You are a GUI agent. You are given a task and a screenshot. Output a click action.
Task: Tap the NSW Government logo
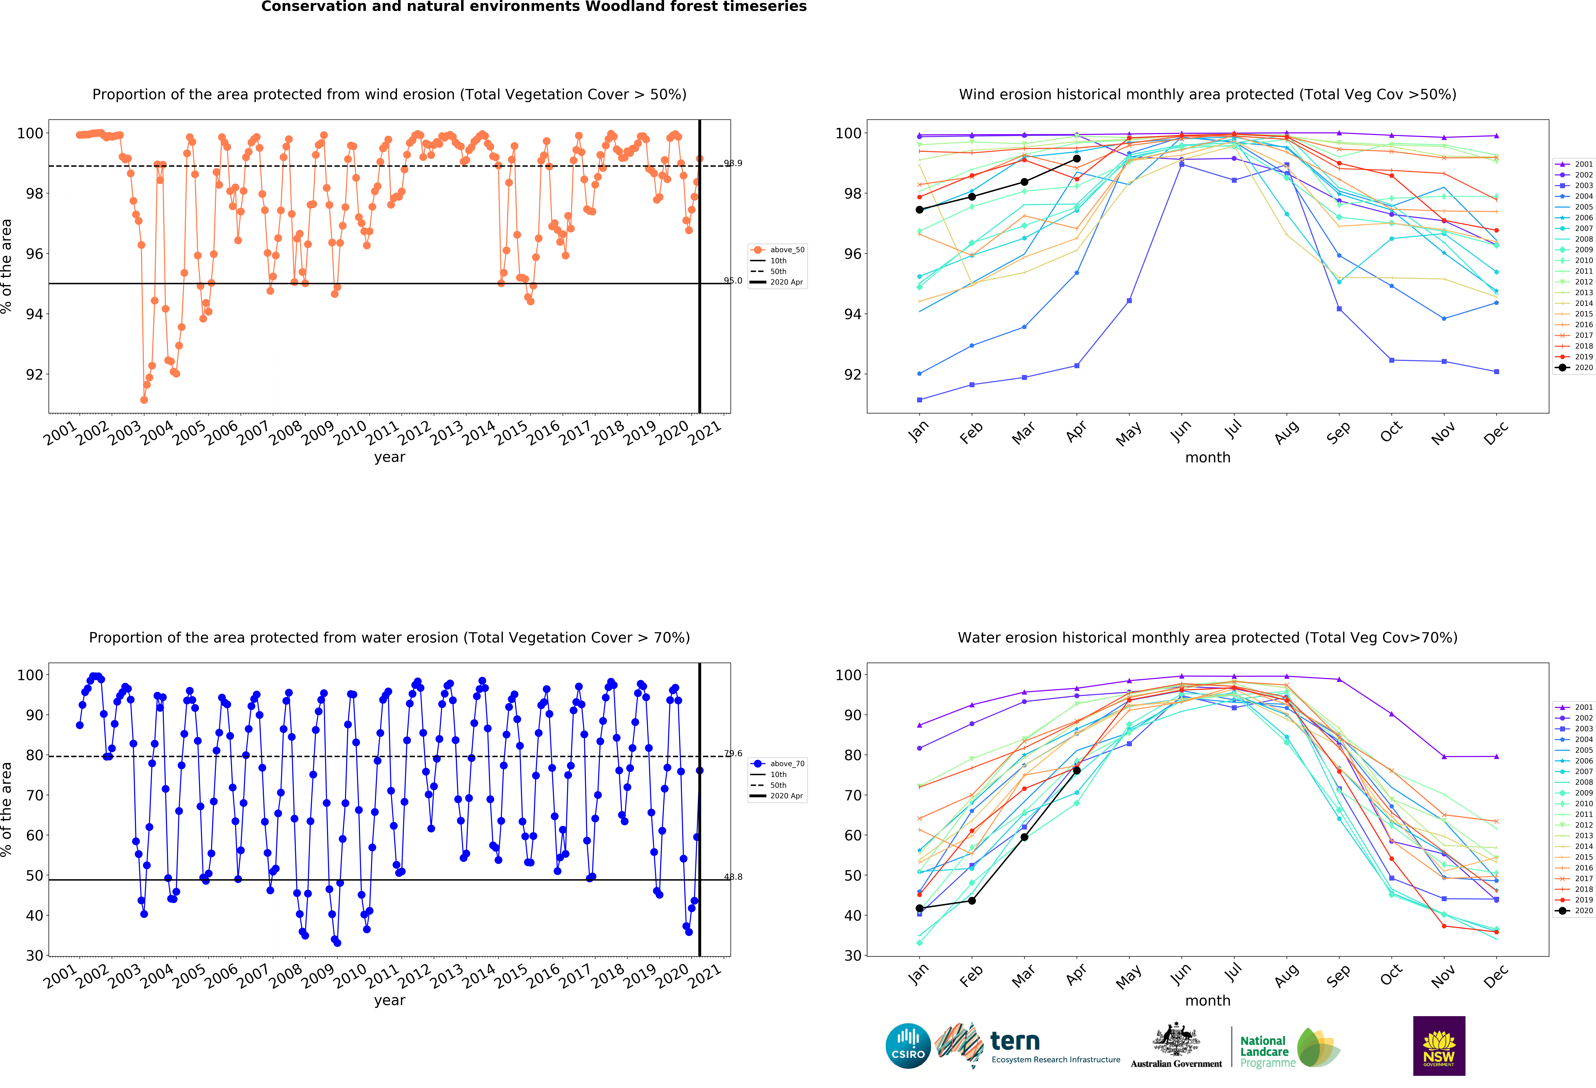[1439, 1045]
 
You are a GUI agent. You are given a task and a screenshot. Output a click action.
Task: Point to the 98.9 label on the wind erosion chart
[733, 163]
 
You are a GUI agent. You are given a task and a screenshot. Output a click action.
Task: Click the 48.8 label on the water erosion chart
[733, 877]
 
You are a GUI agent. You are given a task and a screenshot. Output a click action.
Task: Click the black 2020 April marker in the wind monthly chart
[1077, 159]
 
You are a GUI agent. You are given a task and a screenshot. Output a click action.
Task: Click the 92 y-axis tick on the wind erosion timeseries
[34, 374]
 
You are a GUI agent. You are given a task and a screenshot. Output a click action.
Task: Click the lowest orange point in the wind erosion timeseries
[144, 400]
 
